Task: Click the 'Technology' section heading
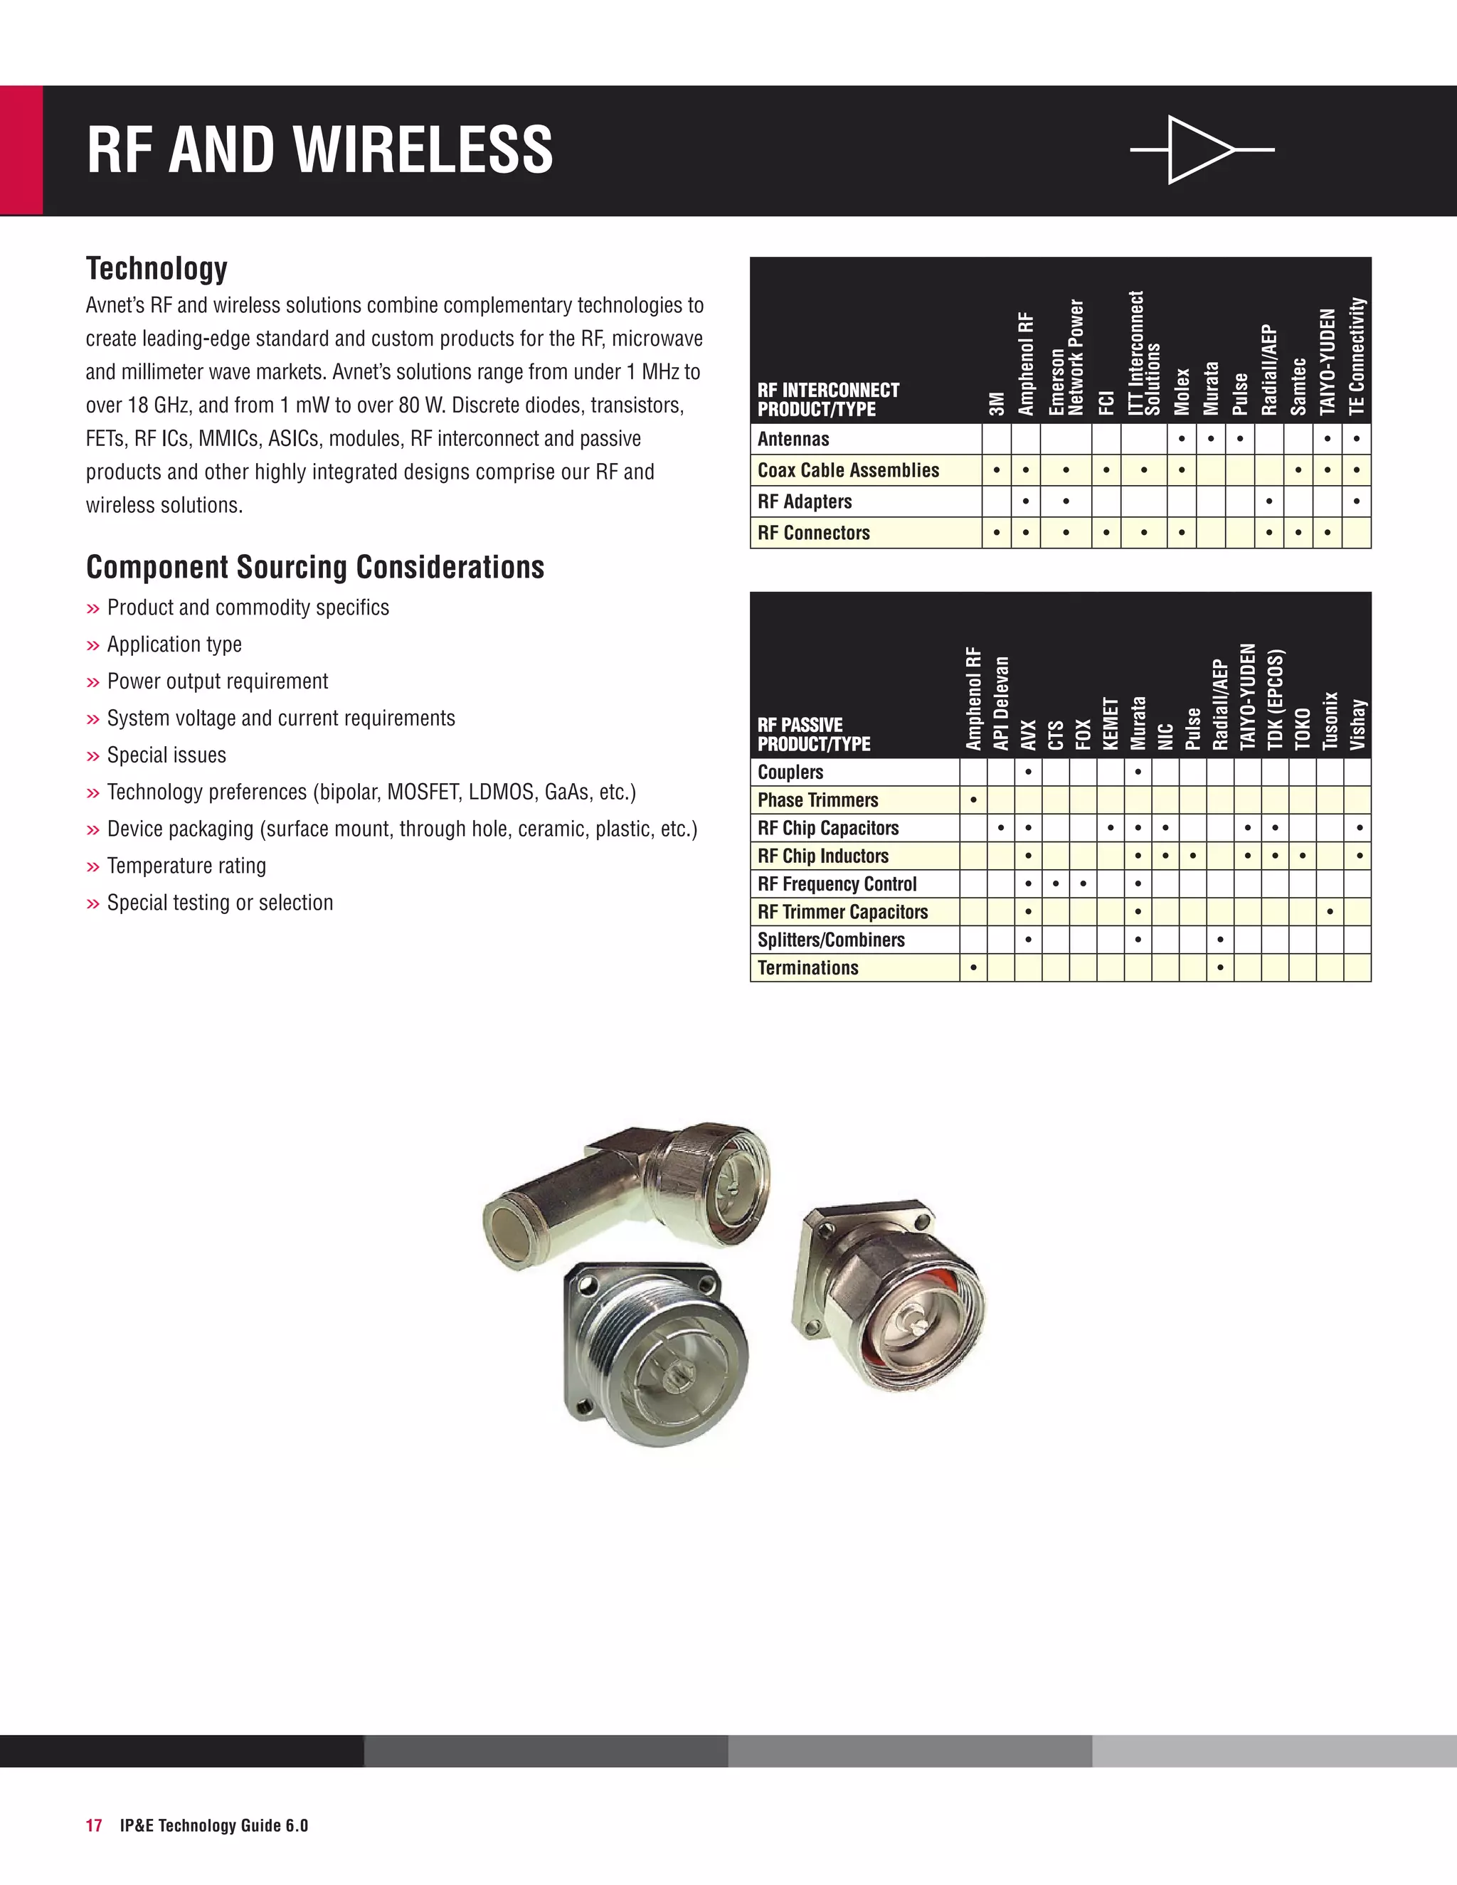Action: pyautogui.click(x=157, y=268)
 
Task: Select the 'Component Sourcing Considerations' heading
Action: pyautogui.click(x=315, y=567)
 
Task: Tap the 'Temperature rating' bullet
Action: pyautogui.click(x=186, y=866)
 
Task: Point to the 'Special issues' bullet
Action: pyautogui.click(x=166, y=755)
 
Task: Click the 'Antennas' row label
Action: pyautogui.click(x=793, y=438)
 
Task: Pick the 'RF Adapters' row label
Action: pyautogui.click(x=805, y=501)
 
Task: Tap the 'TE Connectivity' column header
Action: pyautogui.click(x=1357, y=356)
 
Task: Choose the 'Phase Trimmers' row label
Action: pyautogui.click(x=817, y=800)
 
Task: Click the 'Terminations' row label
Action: pyautogui.click(x=808, y=967)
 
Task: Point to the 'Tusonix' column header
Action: pyautogui.click(x=1330, y=720)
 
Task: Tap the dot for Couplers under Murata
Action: pyautogui.click(x=1138, y=772)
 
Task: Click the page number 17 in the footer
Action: pyautogui.click(x=93, y=1825)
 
